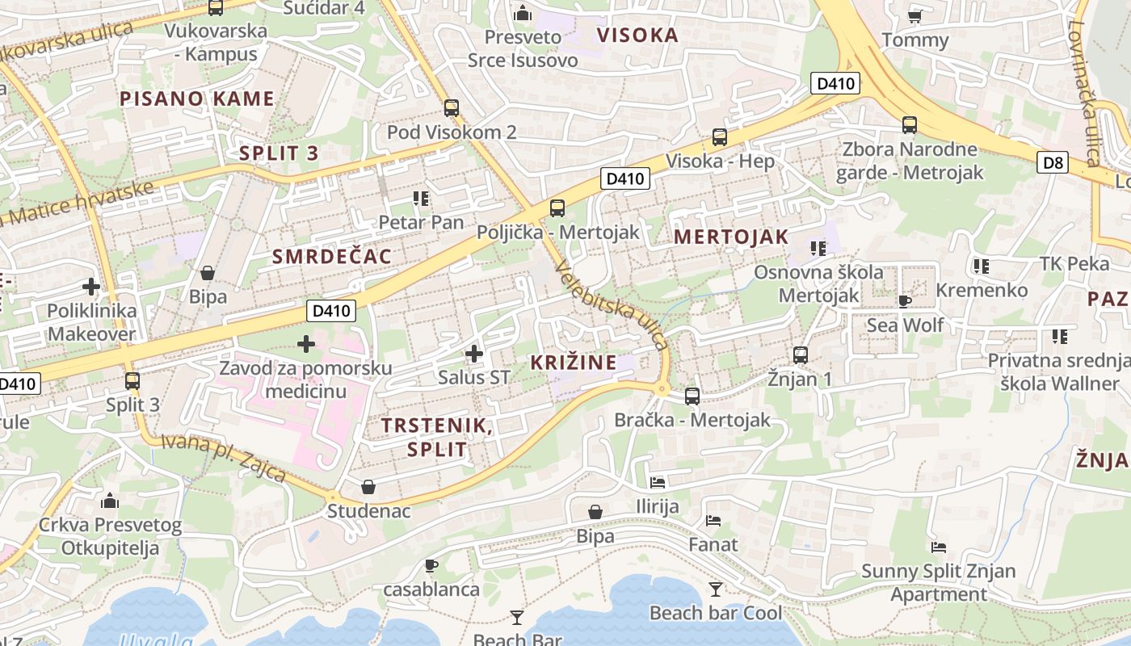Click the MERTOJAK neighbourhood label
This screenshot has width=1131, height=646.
click(x=730, y=237)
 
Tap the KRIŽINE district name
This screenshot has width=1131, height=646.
click(x=574, y=363)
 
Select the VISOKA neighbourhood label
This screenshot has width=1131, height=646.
click(x=637, y=35)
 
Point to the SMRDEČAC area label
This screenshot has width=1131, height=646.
click(x=332, y=257)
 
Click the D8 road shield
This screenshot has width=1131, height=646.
click(x=1053, y=163)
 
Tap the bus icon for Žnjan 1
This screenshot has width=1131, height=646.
click(x=801, y=354)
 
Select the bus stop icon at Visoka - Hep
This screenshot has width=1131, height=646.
click(x=720, y=137)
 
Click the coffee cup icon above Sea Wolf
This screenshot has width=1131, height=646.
click(x=905, y=301)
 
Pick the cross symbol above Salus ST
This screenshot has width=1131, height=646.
click(x=474, y=353)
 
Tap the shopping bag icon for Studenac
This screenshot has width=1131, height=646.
click(x=368, y=487)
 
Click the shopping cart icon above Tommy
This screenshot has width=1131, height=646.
click(x=914, y=15)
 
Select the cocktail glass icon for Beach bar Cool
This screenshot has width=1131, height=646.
click(x=715, y=589)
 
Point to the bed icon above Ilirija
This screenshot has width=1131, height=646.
click(x=658, y=483)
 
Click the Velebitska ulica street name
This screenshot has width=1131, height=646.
click(x=612, y=308)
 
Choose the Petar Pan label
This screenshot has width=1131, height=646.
click(x=422, y=222)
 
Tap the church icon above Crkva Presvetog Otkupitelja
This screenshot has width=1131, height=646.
click(x=110, y=501)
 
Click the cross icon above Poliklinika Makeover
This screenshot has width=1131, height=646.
click(x=91, y=286)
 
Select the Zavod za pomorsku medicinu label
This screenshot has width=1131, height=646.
click(x=306, y=380)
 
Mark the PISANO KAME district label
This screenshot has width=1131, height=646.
click(x=197, y=99)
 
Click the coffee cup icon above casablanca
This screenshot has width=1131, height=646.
click(x=431, y=565)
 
